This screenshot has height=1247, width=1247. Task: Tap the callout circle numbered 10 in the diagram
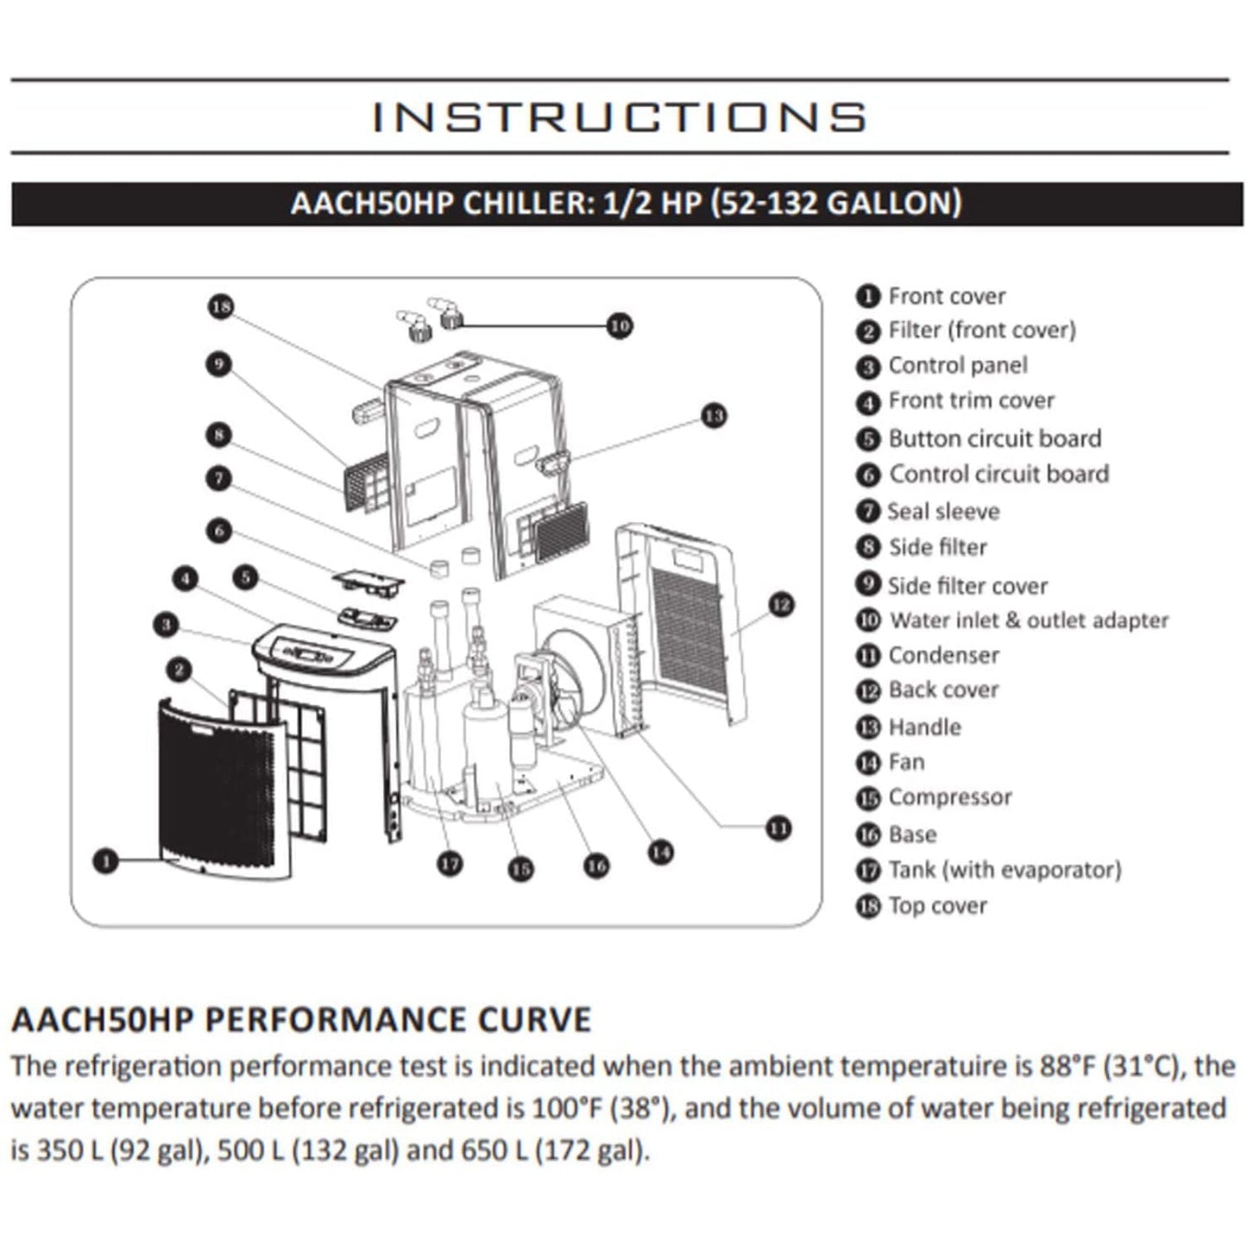point(620,326)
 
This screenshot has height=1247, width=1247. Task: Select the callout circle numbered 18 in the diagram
point(221,307)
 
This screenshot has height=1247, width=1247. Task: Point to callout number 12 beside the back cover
point(780,605)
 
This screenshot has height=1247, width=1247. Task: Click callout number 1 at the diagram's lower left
point(105,860)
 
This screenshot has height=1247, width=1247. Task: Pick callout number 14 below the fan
point(660,853)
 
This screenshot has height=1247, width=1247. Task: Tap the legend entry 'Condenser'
point(943,656)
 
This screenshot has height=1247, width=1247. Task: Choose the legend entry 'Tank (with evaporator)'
point(1005,870)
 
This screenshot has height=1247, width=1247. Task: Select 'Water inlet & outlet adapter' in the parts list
point(1029,620)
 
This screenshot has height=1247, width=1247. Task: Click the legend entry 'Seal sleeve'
point(943,512)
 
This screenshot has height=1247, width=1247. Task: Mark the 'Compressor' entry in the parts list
point(949,797)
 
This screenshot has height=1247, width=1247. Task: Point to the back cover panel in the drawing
point(686,621)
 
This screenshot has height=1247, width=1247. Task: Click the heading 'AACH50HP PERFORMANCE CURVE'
point(301,1020)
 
